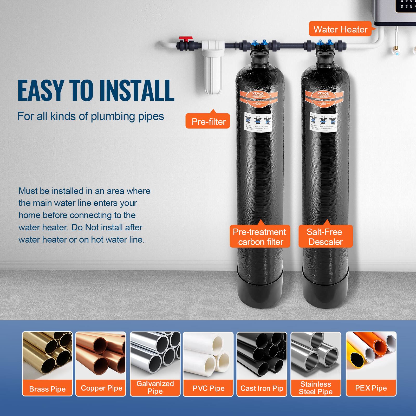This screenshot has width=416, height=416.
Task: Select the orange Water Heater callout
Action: (340, 29)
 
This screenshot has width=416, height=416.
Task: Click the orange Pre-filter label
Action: (208, 121)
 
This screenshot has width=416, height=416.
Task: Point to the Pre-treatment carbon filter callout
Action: (259, 237)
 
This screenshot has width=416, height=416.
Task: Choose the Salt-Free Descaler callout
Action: (325, 237)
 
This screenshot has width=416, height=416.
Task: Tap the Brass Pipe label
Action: (47, 389)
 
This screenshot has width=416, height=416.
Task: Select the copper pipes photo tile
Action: (101, 355)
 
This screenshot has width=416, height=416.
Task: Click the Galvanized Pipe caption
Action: (155, 387)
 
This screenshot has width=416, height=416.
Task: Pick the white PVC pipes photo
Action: (208, 355)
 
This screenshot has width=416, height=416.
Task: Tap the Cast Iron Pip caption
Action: (262, 388)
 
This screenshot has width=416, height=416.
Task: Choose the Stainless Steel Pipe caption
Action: (316, 388)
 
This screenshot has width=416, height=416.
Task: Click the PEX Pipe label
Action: (371, 388)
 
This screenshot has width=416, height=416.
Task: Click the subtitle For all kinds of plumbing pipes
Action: (90, 116)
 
